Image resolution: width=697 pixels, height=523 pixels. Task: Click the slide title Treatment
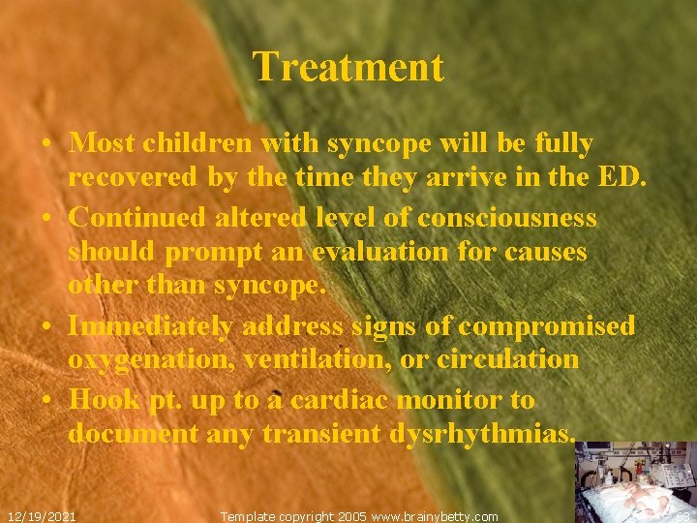pos(348,68)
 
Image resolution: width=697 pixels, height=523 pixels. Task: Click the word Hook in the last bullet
pos(105,400)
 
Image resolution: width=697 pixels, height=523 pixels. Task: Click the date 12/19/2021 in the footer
pos(42,516)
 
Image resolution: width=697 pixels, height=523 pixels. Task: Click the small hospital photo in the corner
pos(635,481)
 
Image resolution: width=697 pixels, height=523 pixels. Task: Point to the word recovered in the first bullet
pos(138,179)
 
